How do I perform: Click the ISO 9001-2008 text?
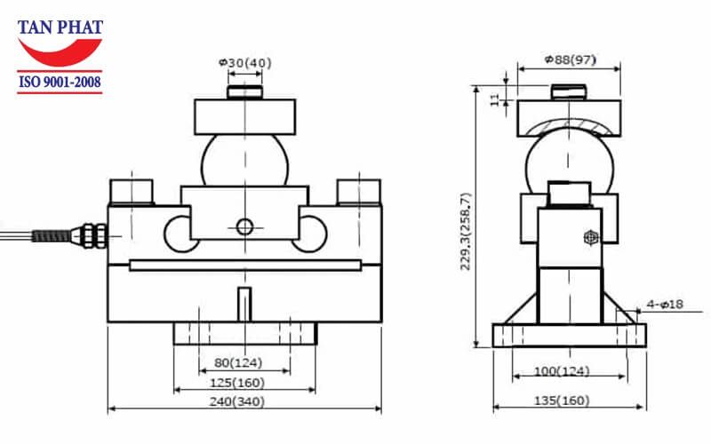pos(60,83)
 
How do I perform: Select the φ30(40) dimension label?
pos(244,62)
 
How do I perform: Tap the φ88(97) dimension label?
pos(569,60)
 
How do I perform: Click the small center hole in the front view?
pos(244,226)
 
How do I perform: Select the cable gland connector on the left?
pos(89,235)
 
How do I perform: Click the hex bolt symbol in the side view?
pos(589,237)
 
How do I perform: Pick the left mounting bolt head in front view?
pos(132,191)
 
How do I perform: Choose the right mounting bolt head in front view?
pos(358,191)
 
